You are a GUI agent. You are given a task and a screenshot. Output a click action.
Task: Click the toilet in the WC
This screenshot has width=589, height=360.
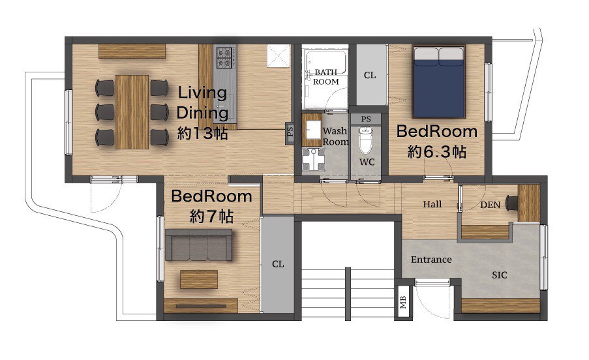point(365,140)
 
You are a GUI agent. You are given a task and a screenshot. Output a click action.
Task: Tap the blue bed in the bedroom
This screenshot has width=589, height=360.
point(439,82)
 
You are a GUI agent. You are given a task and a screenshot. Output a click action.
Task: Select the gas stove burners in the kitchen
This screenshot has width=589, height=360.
point(225,57)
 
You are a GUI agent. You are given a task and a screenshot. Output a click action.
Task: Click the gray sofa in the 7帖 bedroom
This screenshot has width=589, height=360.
point(198,245)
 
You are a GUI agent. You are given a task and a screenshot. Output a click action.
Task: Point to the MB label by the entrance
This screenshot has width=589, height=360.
point(402,301)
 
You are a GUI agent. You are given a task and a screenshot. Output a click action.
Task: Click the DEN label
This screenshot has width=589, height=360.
point(491,205)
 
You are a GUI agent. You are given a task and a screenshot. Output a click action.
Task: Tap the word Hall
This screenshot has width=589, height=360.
point(432,204)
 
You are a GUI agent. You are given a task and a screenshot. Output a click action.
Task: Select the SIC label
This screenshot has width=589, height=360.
point(499,275)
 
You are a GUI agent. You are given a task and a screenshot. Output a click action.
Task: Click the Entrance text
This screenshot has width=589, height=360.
point(431,260)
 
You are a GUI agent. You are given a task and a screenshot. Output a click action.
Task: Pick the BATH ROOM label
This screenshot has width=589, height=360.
point(325,77)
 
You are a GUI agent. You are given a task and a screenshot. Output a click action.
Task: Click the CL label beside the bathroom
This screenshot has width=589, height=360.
point(370,76)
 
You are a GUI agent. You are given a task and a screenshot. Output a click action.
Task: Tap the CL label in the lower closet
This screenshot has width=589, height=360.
point(278,264)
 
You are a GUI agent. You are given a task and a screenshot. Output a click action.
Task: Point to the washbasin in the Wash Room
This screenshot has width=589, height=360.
point(312,130)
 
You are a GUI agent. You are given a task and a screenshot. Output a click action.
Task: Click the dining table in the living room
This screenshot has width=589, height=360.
point(132,112)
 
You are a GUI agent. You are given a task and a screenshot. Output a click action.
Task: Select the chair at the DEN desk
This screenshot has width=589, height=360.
point(511,203)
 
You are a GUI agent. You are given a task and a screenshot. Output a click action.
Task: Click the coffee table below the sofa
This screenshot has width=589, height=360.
point(199,279)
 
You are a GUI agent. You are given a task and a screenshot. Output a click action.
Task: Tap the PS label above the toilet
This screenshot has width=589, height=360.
point(366,119)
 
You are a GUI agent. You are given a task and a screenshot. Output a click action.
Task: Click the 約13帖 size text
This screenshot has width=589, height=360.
point(202,134)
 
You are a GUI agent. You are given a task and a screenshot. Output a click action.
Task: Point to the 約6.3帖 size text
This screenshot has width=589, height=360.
point(437,152)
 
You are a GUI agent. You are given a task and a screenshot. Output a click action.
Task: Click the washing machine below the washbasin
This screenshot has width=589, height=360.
point(313,159)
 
